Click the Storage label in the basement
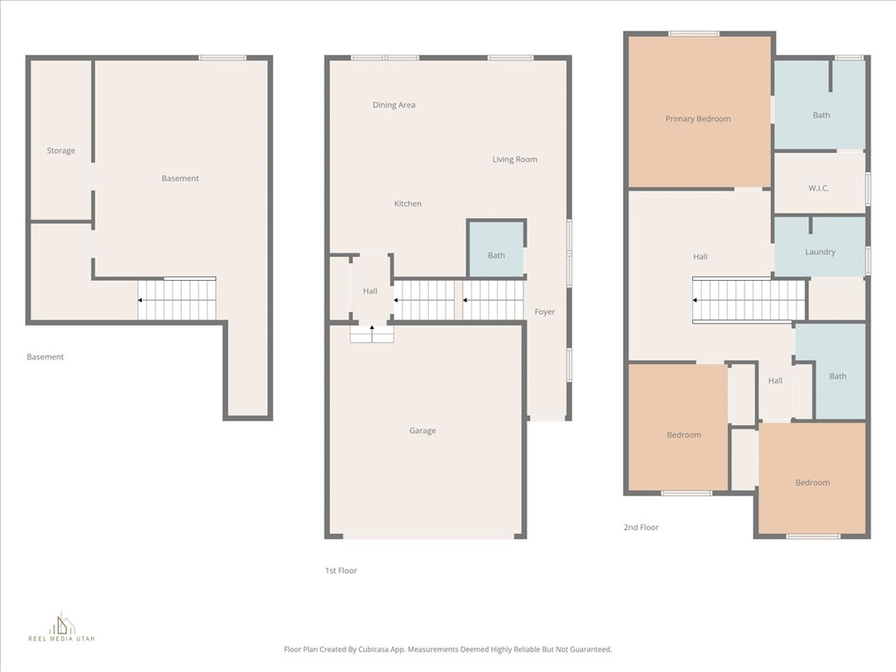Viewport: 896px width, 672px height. [x=60, y=150]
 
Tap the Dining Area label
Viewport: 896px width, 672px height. [x=394, y=105]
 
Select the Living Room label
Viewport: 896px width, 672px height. [x=514, y=159]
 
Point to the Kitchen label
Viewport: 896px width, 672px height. [x=408, y=204]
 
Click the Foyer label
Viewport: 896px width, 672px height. [x=544, y=311]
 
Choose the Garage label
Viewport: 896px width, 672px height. [x=423, y=430]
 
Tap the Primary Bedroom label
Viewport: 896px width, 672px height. [x=697, y=119]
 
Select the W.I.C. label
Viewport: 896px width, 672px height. [x=819, y=188]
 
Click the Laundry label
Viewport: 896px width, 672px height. [x=820, y=252]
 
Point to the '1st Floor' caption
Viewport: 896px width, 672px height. [x=340, y=570]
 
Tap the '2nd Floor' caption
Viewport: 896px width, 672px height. [x=640, y=528]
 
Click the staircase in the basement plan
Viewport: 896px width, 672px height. [x=177, y=300]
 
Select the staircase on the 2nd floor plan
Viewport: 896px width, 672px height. [x=749, y=300]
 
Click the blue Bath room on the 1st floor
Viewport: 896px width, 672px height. [x=496, y=248]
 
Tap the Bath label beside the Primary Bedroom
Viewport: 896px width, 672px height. [x=821, y=115]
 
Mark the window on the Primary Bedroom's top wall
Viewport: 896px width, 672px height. [x=694, y=34]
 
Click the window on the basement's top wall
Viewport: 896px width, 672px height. [x=222, y=58]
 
